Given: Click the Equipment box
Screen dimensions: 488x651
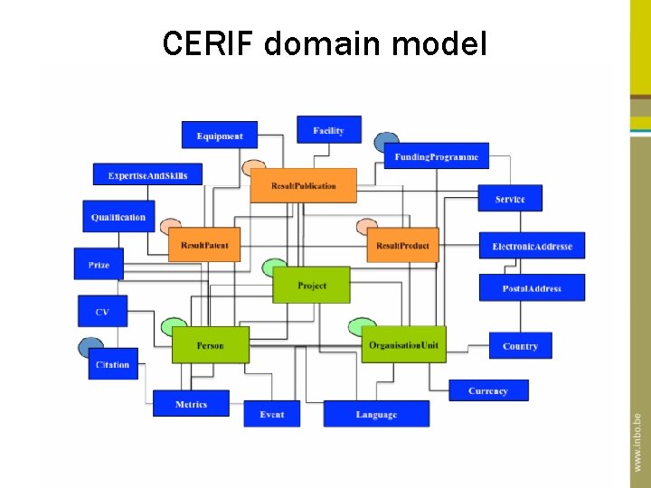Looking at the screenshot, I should tap(220, 136).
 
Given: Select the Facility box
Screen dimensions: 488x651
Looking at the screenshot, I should tap(329, 130).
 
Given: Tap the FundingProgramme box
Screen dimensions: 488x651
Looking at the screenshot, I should tap(437, 156).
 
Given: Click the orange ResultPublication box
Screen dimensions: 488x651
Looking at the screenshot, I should tap(304, 185).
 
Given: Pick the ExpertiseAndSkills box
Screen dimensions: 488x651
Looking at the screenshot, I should tap(147, 174).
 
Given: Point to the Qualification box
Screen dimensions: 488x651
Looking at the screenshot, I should tap(118, 217).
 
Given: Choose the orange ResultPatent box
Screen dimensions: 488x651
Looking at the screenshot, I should tap(204, 245).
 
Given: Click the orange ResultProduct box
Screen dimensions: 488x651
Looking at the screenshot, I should tap(402, 245).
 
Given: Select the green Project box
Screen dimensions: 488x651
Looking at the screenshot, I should tap(312, 286).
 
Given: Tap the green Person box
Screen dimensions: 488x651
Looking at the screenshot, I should tap(210, 345).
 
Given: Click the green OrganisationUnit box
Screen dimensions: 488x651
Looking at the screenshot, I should tap(403, 345).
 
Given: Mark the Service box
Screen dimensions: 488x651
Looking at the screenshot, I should tap(510, 199).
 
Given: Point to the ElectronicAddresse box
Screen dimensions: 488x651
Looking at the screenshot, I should tap(532, 246).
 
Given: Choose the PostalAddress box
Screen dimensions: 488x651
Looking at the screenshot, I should tap(532, 288).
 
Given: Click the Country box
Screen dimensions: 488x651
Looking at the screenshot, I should tap(520, 345).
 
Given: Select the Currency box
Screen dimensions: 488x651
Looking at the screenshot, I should tap(488, 390).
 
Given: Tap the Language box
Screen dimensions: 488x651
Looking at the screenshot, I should tap(376, 414).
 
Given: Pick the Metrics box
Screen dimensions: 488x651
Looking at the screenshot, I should tap(191, 404).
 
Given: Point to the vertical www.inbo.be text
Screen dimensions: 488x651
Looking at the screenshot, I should tap(637, 442).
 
